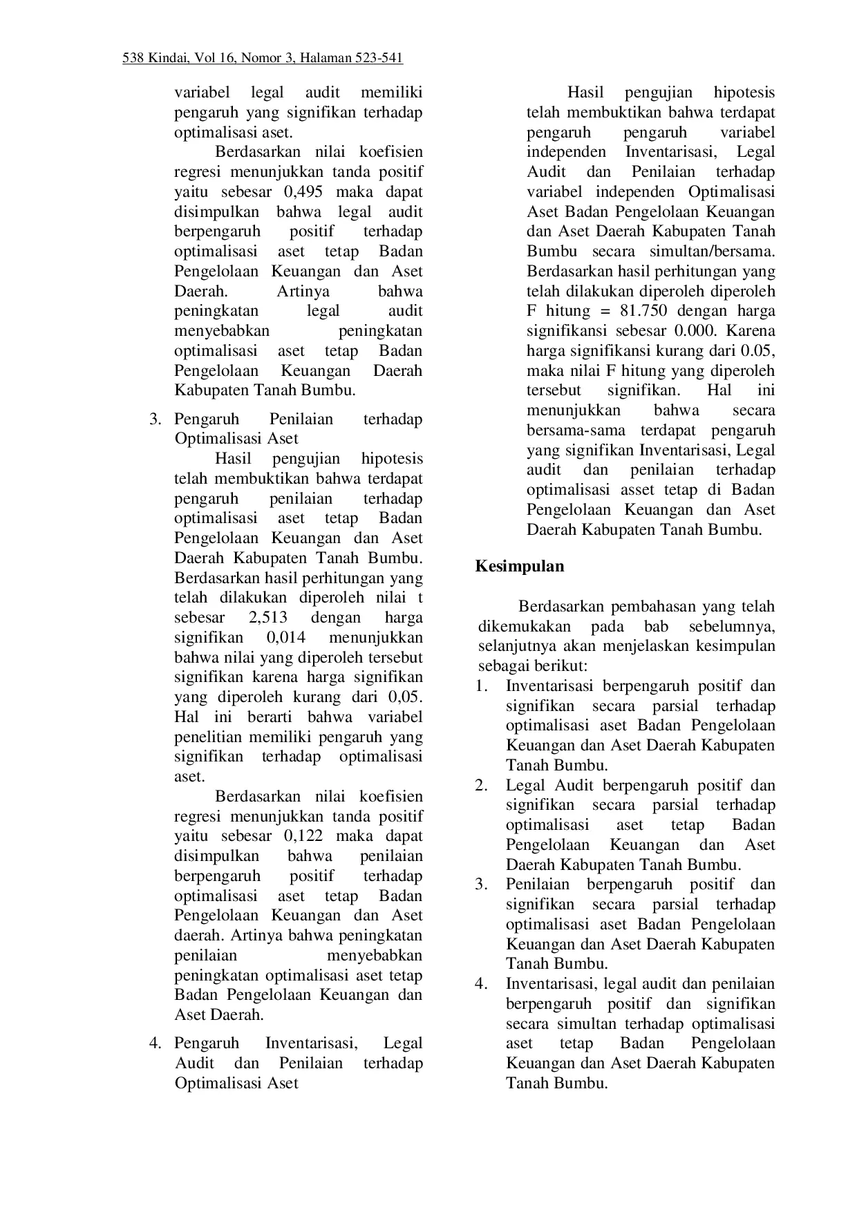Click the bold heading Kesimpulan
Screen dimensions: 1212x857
520,567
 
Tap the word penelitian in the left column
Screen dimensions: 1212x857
209,737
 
